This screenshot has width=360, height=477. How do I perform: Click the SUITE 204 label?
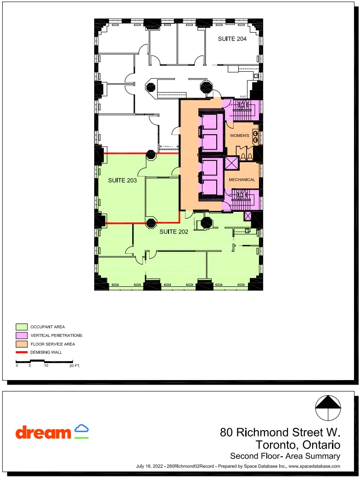[x=232, y=39]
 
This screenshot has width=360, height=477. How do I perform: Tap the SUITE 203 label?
[x=122, y=181]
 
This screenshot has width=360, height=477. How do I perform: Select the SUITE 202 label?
[x=174, y=232]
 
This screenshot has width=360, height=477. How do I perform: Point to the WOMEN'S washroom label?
[x=239, y=136]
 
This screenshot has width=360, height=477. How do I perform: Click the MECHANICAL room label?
[x=242, y=180]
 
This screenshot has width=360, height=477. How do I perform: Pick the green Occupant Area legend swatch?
[x=22, y=327]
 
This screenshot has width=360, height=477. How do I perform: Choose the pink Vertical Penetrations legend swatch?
[x=22, y=335]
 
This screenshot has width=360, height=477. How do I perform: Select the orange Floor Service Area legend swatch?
[x=22, y=344]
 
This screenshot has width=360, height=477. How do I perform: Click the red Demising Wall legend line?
[x=22, y=352]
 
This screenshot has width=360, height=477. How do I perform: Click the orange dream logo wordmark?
[x=43, y=432]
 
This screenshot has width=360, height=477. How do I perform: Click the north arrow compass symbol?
[x=329, y=408]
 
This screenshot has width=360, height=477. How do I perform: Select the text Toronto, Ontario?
[x=298, y=445]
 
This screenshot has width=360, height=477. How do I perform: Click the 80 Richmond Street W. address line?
[x=280, y=432]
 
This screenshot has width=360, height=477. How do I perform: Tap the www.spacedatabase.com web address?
[x=314, y=466]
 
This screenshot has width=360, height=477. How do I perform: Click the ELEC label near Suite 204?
[x=243, y=97]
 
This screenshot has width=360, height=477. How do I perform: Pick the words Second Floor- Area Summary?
[x=285, y=456]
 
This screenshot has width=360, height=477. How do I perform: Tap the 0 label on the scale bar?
[x=17, y=366]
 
